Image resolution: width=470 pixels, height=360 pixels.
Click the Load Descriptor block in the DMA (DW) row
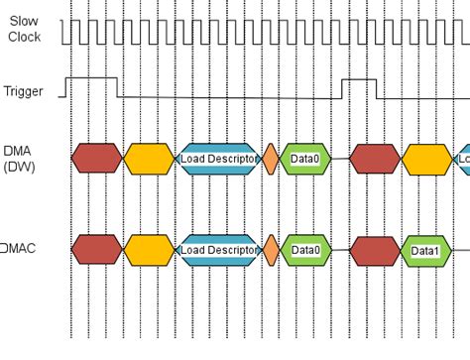click(x=214, y=158)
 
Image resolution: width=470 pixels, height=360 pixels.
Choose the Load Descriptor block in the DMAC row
click(x=214, y=250)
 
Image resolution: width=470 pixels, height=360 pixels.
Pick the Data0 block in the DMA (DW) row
click(x=304, y=158)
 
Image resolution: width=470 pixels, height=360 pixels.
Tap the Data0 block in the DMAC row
click(x=304, y=250)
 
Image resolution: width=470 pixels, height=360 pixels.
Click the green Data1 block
click(x=424, y=251)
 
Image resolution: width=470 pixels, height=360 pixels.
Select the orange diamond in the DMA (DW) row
click(x=270, y=158)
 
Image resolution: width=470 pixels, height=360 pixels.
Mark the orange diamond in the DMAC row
click(x=270, y=250)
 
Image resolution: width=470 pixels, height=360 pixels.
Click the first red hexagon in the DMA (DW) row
click(x=96, y=158)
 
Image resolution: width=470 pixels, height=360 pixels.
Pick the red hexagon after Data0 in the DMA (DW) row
click(x=375, y=158)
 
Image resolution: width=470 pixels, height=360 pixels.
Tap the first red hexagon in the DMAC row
click(x=96, y=250)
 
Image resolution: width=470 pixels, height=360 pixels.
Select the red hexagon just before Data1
click(x=375, y=250)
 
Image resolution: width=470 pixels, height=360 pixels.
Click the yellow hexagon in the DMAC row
click(x=148, y=250)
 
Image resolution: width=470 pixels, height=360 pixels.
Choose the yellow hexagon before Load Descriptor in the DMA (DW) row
click(x=148, y=158)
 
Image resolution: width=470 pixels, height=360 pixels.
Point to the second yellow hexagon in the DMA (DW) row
click(x=426, y=158)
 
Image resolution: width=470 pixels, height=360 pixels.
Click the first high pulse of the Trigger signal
click(x=92, y=78)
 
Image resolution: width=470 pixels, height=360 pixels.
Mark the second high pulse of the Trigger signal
click(x=360, y=78)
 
